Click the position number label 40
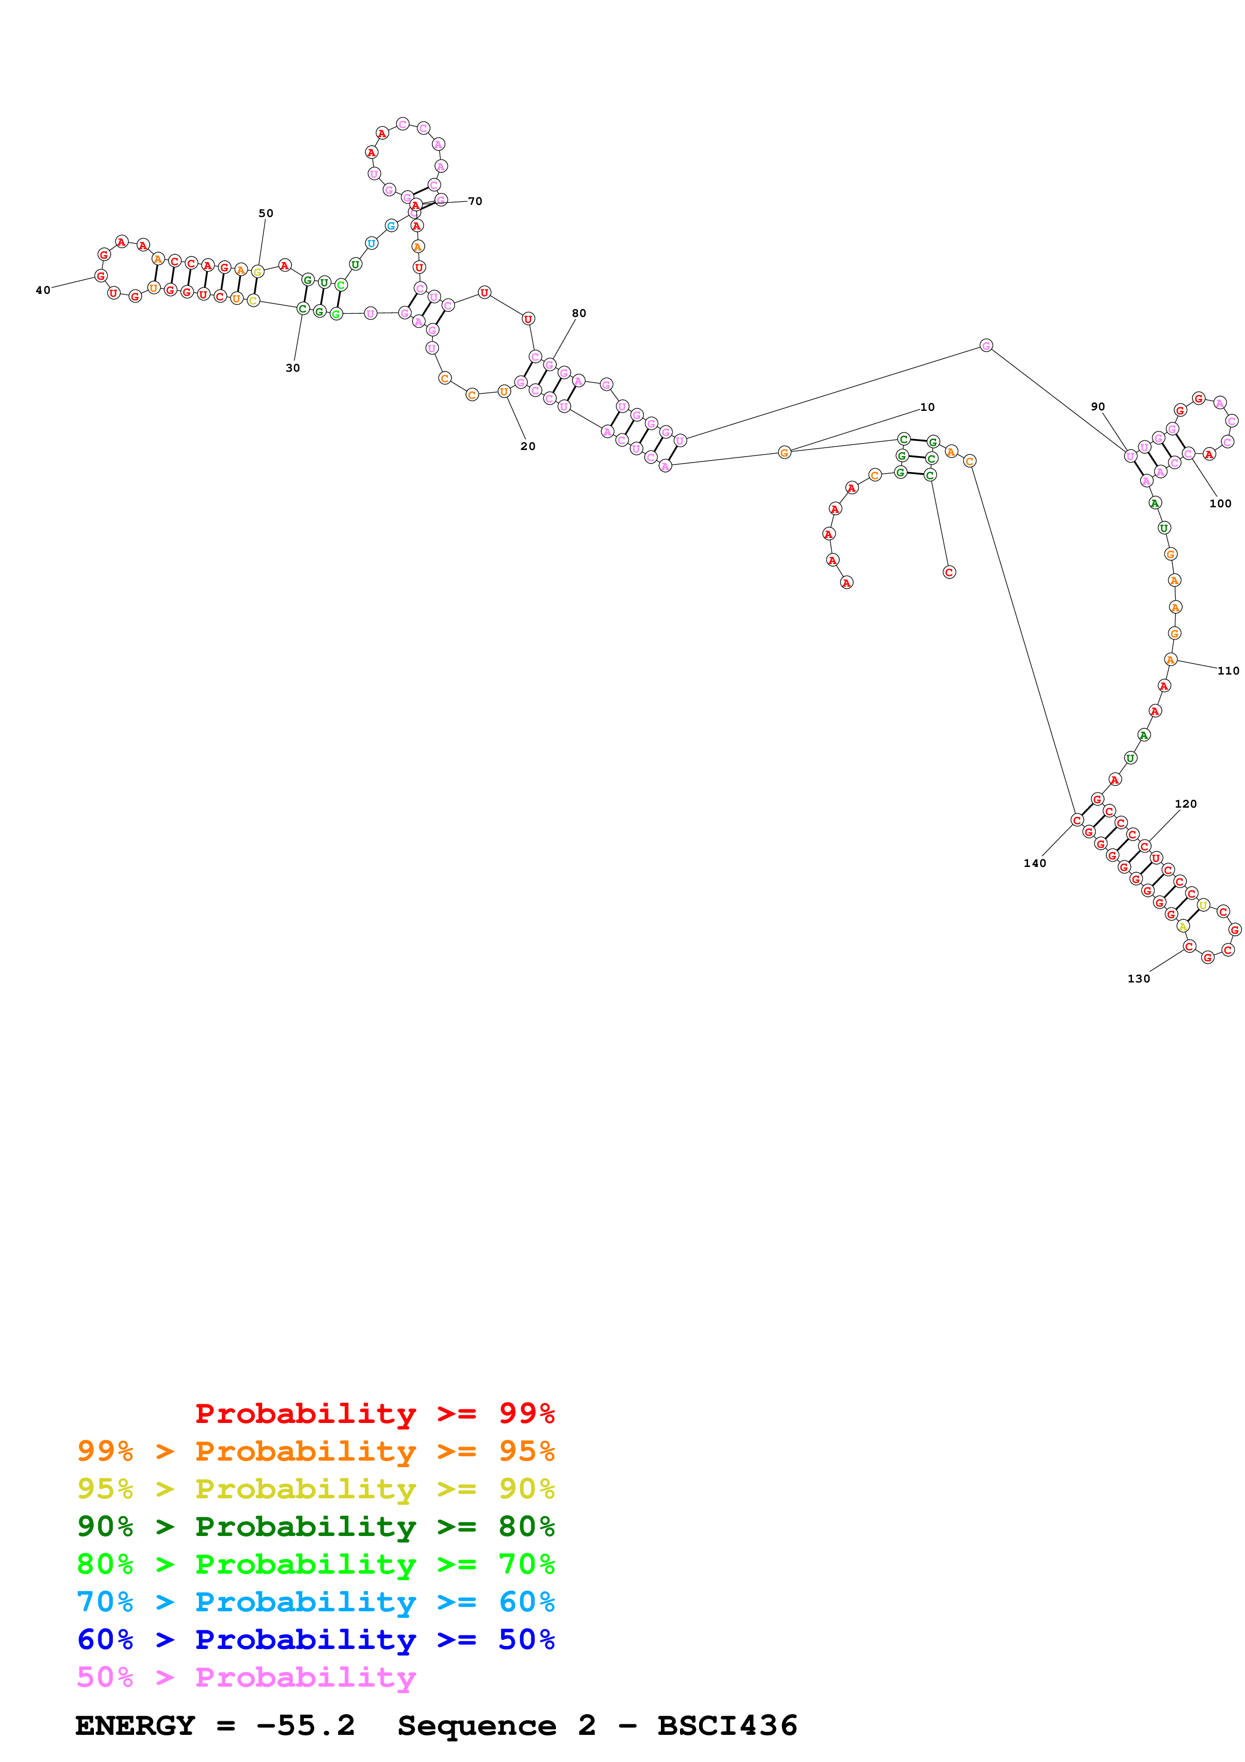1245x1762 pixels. (43, 290)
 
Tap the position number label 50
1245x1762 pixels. (265, 213)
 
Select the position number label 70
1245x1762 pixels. (476, 201)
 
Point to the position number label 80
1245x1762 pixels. (579, 313)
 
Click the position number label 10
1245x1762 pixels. (928, 407)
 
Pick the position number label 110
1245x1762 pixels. (1228, 671)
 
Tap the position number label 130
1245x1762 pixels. (1139, 978)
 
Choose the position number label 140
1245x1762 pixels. (1035, 863)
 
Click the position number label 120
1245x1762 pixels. (1185, 804)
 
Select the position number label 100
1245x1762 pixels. (1220, 503)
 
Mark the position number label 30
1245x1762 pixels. (293, 368)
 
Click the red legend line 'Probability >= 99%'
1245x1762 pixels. (374, 1413)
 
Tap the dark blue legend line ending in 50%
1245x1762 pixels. (315, 1639)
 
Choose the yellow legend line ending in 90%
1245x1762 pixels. (315, 1489)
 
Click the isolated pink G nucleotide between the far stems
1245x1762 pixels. (986, 346)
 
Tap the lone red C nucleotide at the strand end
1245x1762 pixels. (949, 573)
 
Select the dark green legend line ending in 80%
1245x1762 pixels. (315, 1526)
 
